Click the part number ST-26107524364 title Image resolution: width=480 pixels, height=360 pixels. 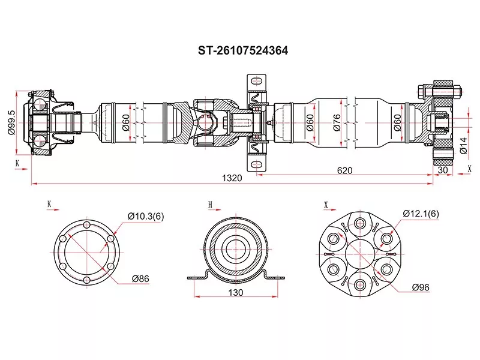(x=243, y=51)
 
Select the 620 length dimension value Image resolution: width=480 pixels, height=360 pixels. (x=344, y=170)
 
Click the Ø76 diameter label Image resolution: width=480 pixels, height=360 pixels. (x=337, y=122)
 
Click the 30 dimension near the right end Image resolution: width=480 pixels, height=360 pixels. (x=444, y=170)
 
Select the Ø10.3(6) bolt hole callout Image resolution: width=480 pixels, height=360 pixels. (x=146, y=217)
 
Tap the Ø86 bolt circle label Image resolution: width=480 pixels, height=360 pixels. (x=142, y=278)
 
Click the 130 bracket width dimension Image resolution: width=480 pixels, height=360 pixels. (x=236, y=293)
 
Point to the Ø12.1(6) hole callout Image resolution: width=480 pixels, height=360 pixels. (x=421, y=214)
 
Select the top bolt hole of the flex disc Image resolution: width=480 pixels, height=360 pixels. (x=360, y=224)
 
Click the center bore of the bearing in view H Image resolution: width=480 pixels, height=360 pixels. (x=236, y=248)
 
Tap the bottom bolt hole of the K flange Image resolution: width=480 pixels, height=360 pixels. (x=88, y=280)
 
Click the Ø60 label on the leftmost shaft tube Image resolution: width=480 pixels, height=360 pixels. (x=125, y=122)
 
